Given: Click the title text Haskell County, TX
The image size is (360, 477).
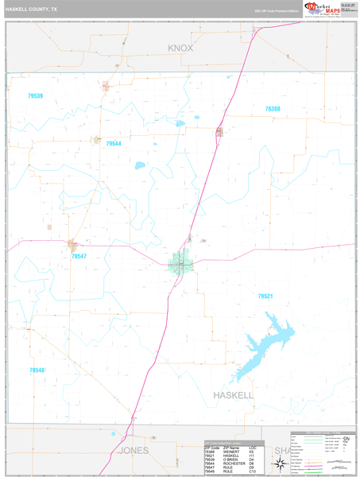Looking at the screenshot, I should click(32, 10).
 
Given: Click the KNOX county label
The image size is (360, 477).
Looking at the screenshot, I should click(180, 48).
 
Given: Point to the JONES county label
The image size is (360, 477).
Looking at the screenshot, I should click(134, 450).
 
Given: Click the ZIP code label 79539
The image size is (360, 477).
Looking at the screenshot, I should click(34, 96).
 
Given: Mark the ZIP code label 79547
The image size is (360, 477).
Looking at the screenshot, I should click(79, 257).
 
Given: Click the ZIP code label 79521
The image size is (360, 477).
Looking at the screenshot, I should click(265, 296).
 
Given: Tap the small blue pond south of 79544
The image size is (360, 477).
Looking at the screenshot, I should click(140, 166).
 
